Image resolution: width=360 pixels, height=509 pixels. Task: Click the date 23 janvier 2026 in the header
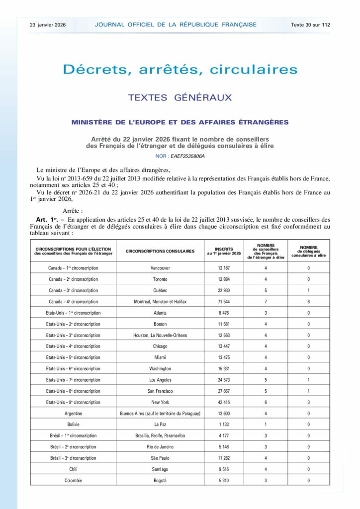[48, 24]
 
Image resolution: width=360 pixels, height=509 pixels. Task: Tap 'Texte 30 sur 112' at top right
[311, 24]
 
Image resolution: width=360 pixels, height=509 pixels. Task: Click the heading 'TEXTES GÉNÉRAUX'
[180, 97]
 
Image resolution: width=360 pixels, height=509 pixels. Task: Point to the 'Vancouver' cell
[160, 268]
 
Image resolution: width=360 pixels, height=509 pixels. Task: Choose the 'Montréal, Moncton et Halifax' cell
[160, 302]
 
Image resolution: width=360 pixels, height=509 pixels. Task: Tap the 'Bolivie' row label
[73, 424]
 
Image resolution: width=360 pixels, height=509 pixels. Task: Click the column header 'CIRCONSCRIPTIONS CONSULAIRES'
[160, 252]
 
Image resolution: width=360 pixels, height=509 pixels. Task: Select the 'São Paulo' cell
[160, 458]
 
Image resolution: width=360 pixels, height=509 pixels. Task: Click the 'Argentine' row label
[73, 414]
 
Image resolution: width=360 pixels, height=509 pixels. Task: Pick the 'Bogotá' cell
[160, 480]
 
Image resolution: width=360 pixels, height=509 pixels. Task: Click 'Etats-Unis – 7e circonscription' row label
[73, 380]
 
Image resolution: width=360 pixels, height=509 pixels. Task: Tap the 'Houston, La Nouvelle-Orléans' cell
[160, 335]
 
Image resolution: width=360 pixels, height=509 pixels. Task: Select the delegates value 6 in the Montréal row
[308, 302]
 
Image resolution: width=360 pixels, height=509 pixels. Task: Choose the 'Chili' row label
[73, 469]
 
